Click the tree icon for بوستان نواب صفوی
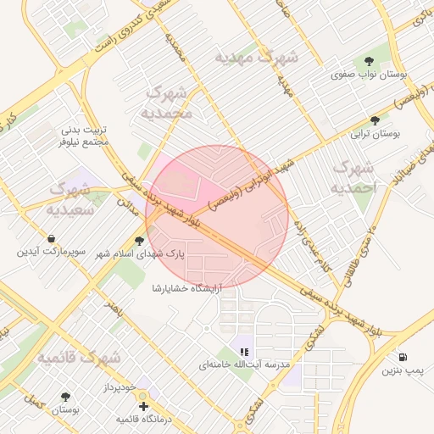click(x=370, y=60)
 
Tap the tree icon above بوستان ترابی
click(x=376, y=120)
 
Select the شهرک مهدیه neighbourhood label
click(x=256, y=58)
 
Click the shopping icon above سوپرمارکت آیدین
click(x=53, y=238)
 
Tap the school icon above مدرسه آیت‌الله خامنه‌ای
click(x=244, y=351)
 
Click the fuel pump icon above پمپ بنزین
click(x=401, y=356)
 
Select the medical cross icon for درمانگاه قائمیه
click(x=143, y=406)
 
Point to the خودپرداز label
click(x=115, y=387)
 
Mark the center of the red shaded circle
click(x=217, y=217)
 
